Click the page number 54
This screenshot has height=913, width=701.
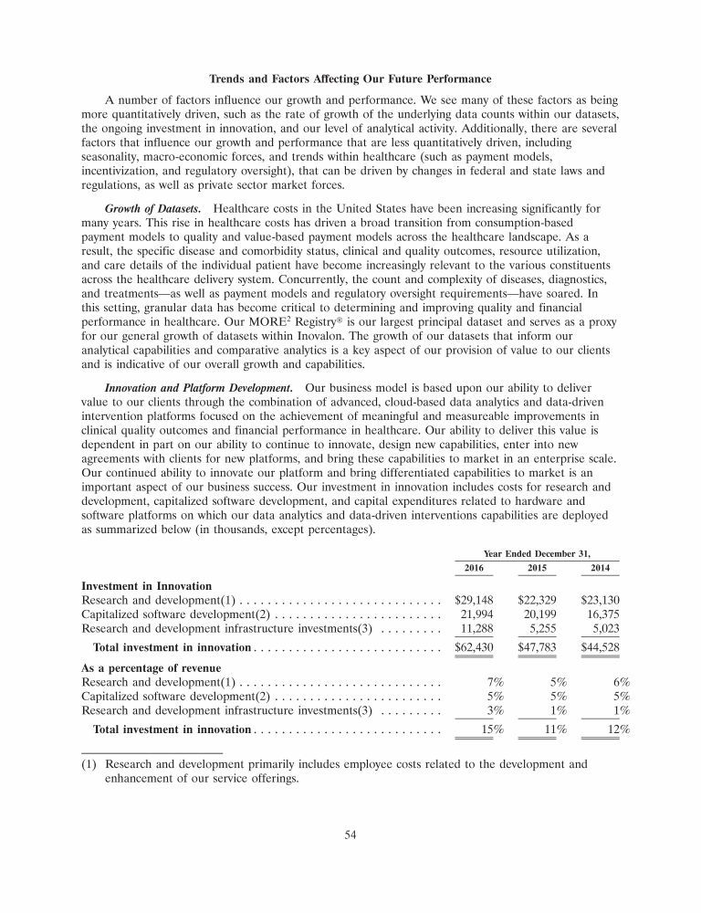point(350,834)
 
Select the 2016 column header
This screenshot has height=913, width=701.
point(474,568)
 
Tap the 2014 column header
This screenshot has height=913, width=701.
point(600,568)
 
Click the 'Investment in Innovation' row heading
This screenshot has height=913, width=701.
point(147,586)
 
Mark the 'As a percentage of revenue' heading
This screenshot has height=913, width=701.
point(157,667)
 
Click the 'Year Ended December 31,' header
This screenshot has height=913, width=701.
point(537,552)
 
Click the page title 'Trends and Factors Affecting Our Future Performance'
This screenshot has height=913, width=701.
point(350,78)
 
